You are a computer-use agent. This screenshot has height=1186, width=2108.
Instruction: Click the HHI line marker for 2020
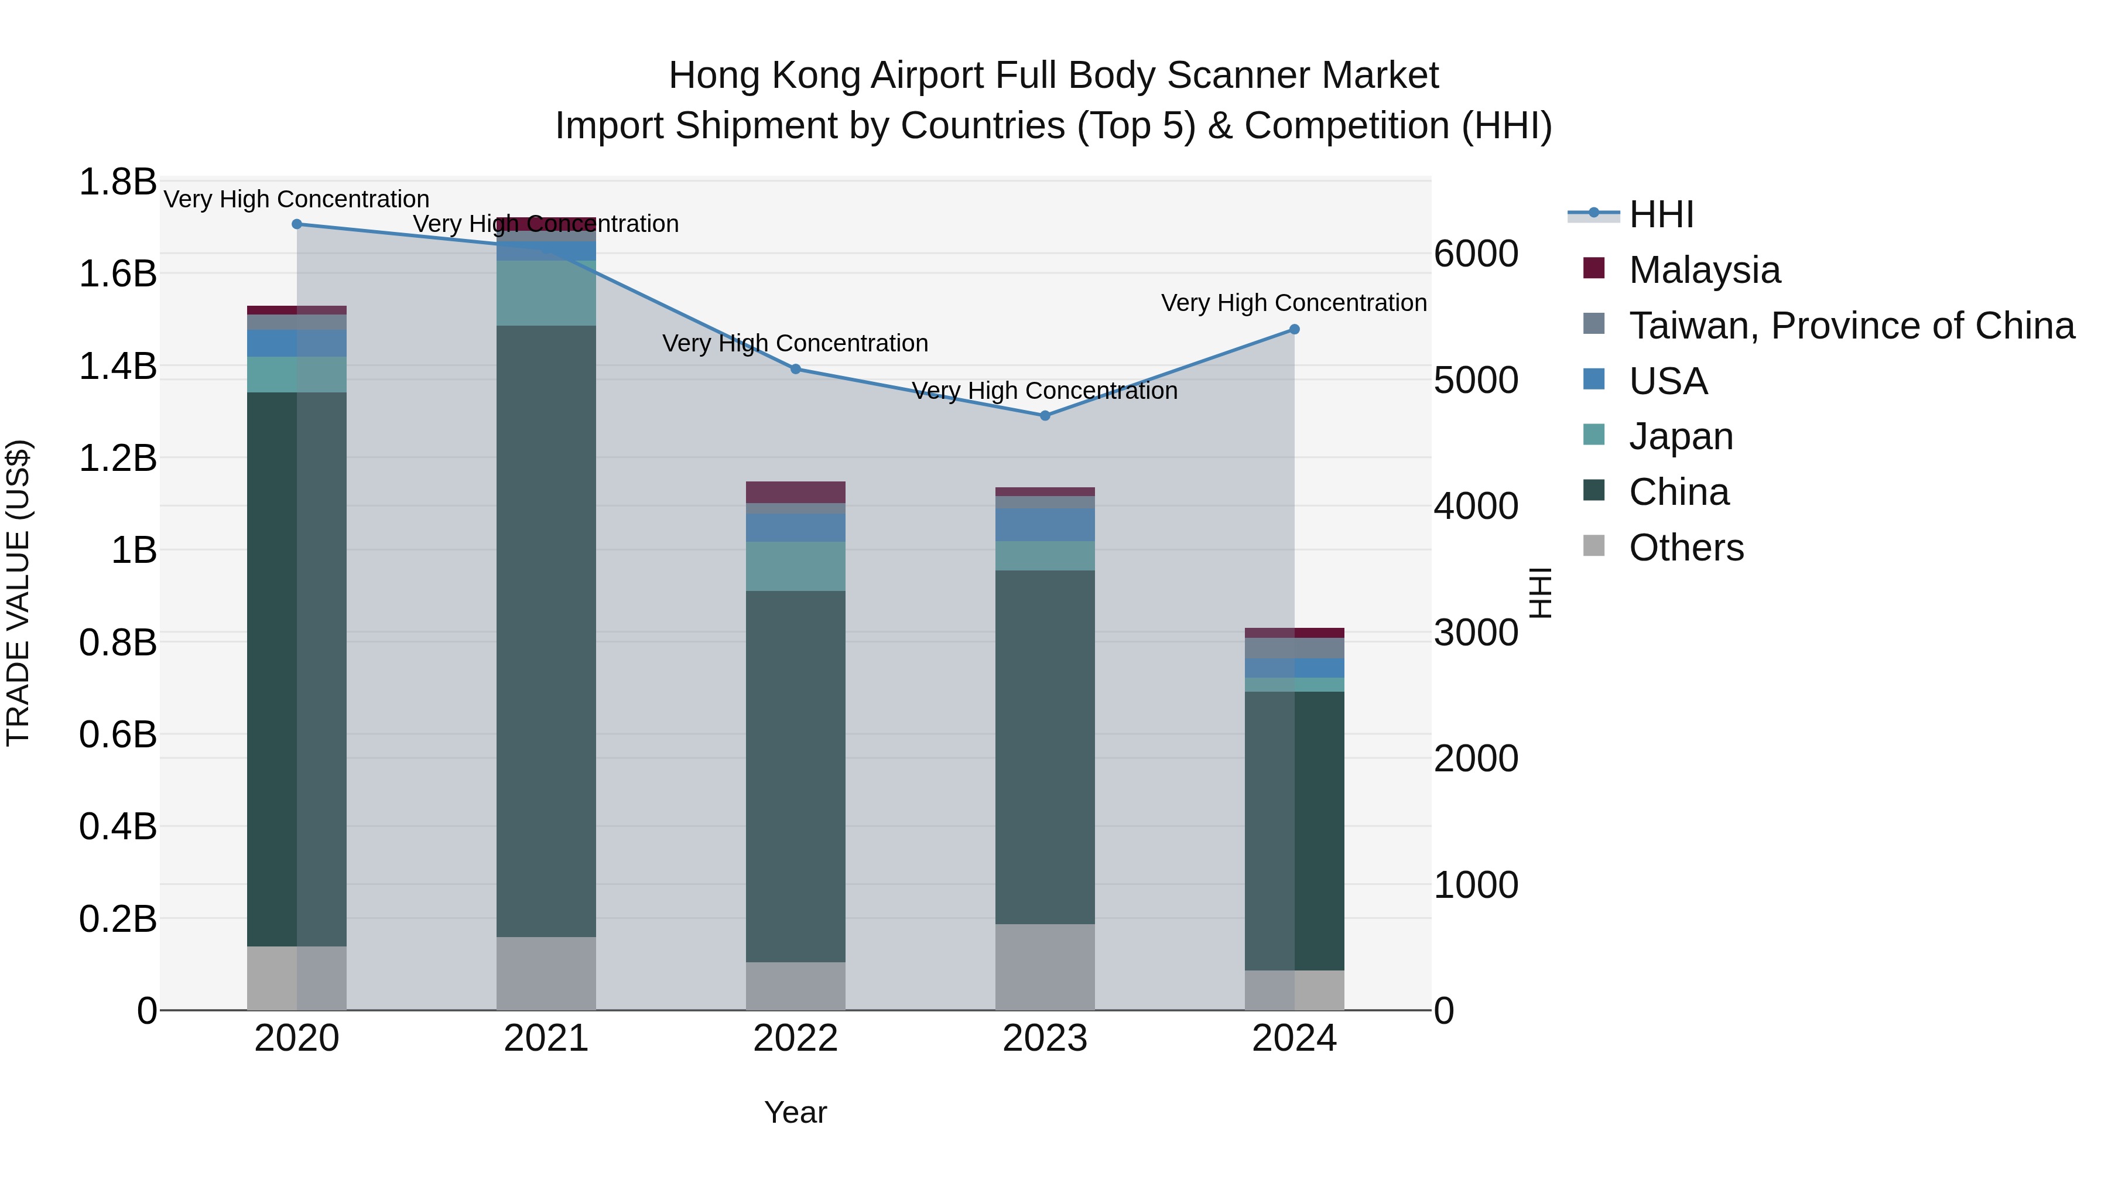pyautogui.click(x=297, y=224)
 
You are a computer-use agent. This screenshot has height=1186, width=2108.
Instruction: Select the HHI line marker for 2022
pyautogui.click(x=795, y=369)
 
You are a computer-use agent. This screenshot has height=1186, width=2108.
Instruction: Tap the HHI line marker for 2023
pyautogui.click(x=1045, y=416)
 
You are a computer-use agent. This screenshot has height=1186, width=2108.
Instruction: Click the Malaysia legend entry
pyautogui.click(x=1704, y=270)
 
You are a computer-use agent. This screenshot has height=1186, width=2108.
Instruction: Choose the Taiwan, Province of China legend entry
pyautogui.click(x=1851, y=326)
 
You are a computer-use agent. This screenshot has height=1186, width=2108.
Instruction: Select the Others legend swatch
pyautogui.click(x=1594, y=546)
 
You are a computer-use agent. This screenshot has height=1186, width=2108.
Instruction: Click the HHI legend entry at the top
pyautogui.click(x=1661, y=214)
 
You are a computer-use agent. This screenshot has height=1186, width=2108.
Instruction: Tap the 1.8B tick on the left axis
pyautogui.click(x=117, y=182)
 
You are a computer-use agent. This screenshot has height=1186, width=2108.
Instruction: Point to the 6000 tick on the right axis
pyautogui.click(x=1476, y=254)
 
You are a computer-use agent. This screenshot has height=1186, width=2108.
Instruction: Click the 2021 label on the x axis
pyautogui.click(x=546, y=1038)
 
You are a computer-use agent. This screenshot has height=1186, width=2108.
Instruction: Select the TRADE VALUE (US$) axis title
pyautogui.click(x=18, y=593)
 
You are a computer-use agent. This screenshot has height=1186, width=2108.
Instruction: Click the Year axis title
pyautogui.click(x=795, y=1112)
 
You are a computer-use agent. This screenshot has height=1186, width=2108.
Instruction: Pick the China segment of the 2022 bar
pyautogui.click(x=795, y=776)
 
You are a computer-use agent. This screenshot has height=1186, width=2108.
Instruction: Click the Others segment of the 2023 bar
pyautogui.click(x=1045, y=966)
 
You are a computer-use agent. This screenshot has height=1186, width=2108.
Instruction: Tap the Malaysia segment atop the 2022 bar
pyautogui.click(x=795, y=492)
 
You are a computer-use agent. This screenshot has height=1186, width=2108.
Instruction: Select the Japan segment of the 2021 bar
pyautogui.click(x=546, y=293)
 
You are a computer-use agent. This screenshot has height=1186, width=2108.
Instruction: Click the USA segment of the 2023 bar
pyautogui.click(x=1045, y=525)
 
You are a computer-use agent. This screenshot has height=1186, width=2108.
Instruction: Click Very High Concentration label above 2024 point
pyautogui.click(x=1293, y=303)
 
